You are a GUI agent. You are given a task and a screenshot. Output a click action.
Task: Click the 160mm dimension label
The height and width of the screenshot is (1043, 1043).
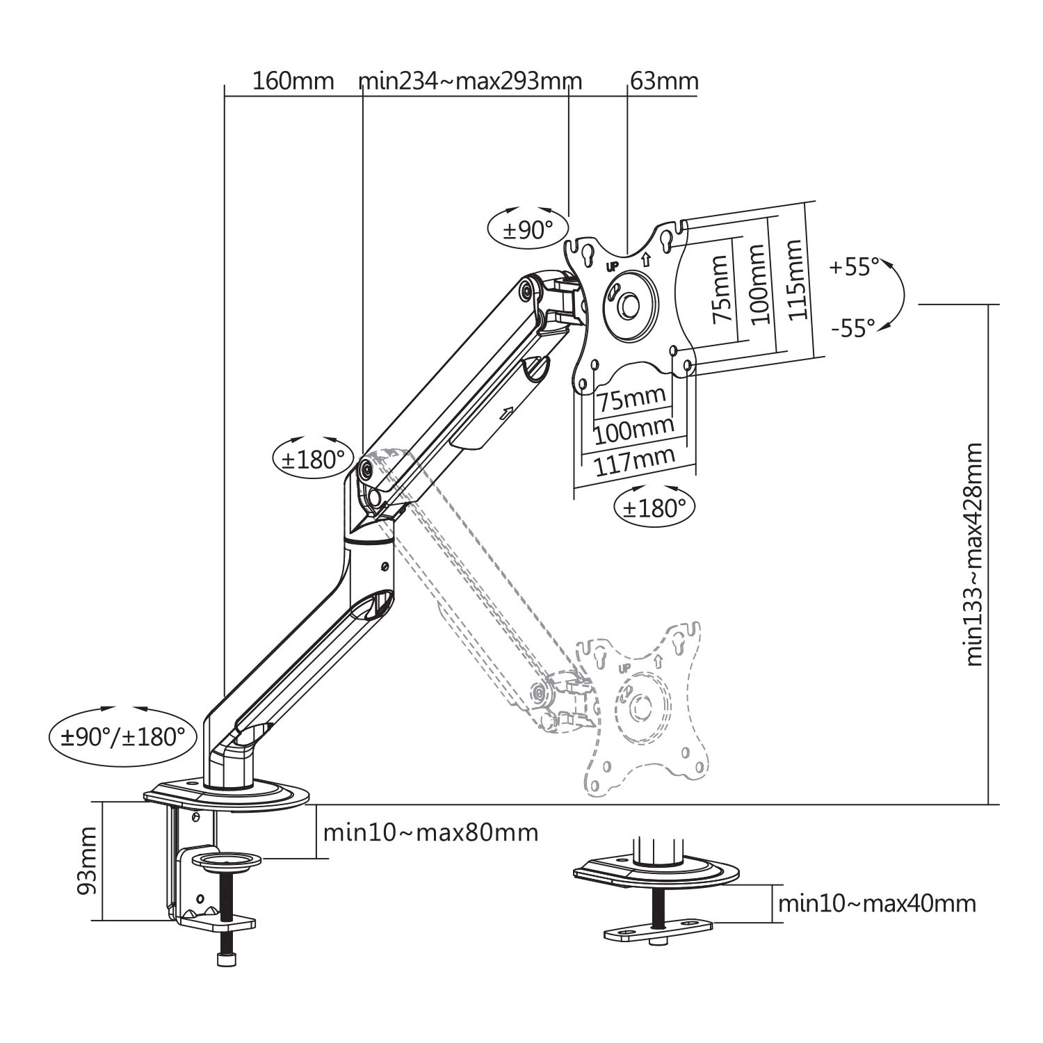[293, 81]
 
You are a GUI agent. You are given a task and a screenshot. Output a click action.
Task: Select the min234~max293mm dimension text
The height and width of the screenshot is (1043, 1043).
[470, 81]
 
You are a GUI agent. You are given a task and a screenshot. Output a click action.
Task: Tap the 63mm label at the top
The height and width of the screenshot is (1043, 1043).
[664, 81]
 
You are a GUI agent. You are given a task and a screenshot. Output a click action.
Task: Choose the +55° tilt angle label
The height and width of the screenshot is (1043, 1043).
[854, 266]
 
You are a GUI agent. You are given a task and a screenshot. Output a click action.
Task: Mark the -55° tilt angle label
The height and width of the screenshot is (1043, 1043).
[852, 328]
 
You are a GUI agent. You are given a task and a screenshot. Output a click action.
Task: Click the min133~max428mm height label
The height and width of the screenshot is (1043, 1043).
[974, 555]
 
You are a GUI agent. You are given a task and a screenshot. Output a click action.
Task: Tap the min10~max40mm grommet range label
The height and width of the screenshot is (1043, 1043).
[876, 903]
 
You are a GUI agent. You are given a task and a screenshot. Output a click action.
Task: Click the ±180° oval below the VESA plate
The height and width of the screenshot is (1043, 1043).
[654, 508]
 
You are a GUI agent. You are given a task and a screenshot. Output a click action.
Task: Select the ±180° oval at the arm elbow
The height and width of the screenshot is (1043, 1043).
[313, 459]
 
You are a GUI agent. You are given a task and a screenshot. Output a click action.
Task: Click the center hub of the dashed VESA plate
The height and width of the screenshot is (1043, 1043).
[638, 709]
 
